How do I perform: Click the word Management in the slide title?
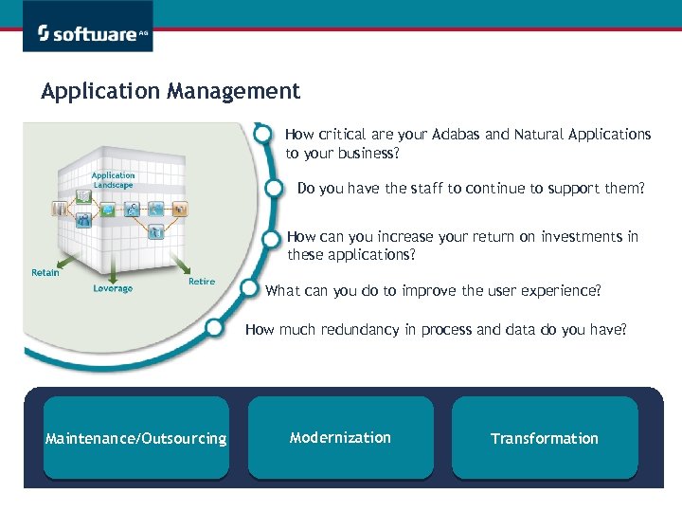pos(234,91)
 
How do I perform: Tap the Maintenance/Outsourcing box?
pos(136,438)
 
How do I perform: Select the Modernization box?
pos(340,437)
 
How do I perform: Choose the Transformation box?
pos(545,438)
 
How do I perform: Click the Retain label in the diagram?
pos(45,273)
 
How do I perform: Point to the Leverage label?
pos(113,288)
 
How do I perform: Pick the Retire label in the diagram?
pos(202,282)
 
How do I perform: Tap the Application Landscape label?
pos(113,180)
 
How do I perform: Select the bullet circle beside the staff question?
pos(276,188)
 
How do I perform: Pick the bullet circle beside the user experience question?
pos(250,287)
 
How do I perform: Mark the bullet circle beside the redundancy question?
pos(220,329)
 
